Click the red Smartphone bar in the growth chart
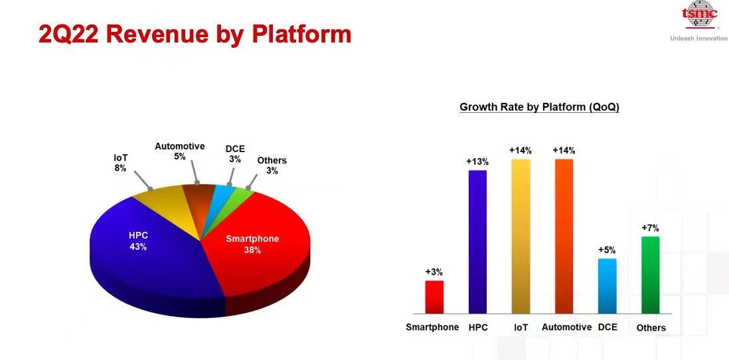pos(434,297)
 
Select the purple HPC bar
pos(477,242)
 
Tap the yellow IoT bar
pos(521,236)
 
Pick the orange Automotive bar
pos(564,236)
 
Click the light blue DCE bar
pos(607,286)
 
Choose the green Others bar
pos(651,275)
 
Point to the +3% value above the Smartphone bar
pos(434,272)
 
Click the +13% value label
pos(477,162)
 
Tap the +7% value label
pos(651,228)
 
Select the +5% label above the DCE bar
pos(607,250)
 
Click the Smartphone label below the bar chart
pos(432,327)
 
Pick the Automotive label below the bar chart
pos(567,327)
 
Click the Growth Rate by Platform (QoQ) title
pos(539,107)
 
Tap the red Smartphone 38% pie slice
pos(260,246)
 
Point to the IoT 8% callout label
pos(120,163)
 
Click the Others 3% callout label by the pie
pos(272,165)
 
